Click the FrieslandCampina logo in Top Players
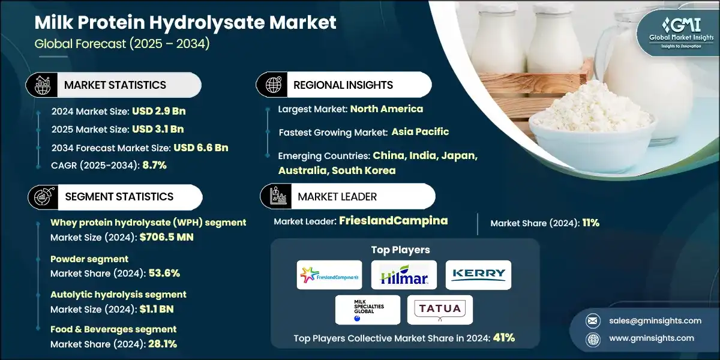pyautogui.click(x=329, y=275)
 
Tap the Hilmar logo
pyautogui.click(x=403, y=275)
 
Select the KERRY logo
pyautogui.click(x=478, y=275)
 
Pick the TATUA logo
pyautogui.click(x=440, y=310)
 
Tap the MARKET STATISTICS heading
pyautogui.click(x=115, y=85)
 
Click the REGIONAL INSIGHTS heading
pyautogui.click(x=343, y=85)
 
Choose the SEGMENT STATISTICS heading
pyautogui.click(x=119, y=197)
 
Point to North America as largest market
pyautogui.click(x=386, y=109)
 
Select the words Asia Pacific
pyautogui.click(x=420, y=131)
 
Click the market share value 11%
pyautogui.click(x=590, y=223)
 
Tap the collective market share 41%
pyautogui.click(x=503, y=337)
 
